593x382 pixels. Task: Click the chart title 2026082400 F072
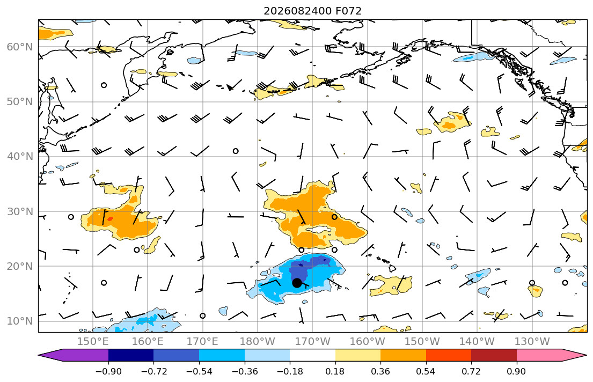coord(312,11)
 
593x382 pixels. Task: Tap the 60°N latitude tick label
coord(20,47)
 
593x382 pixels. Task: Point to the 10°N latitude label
coord(20,321)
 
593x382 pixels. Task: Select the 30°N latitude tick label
coord(20,211)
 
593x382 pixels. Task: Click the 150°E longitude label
coord(93,342)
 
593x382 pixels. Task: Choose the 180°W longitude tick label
coord(258,342)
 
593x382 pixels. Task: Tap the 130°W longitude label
coord(532,342)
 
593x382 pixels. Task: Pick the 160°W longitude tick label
coord(367,342)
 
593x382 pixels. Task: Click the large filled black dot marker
coord(297,283)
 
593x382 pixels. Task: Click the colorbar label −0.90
coord(108,371)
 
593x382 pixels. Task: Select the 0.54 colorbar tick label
coord(426,371)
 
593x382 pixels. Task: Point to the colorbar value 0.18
coord(335,371)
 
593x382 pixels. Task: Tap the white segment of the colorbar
coord(312,355)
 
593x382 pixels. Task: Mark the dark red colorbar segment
coord(494,355)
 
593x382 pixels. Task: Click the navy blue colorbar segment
coord(131,355)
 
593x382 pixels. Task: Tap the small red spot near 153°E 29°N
coord(110,218)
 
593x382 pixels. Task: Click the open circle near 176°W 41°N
coord(236,151)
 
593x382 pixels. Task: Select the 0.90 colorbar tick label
coord(516,371)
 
